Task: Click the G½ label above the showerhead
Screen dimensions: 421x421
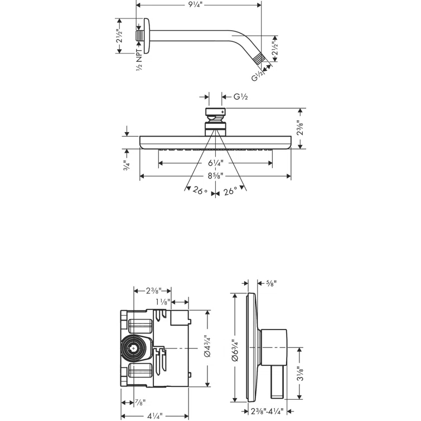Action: [240, 96]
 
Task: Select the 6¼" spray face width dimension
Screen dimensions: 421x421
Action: [215, 163]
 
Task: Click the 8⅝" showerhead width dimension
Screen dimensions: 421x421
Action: [215, 176]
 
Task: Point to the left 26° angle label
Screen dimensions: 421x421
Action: [199, 191]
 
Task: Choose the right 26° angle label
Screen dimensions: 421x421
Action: [230, 191]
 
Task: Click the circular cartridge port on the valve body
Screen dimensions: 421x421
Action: [133, 349]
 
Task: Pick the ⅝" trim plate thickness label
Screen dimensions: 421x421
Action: [271, 283]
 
